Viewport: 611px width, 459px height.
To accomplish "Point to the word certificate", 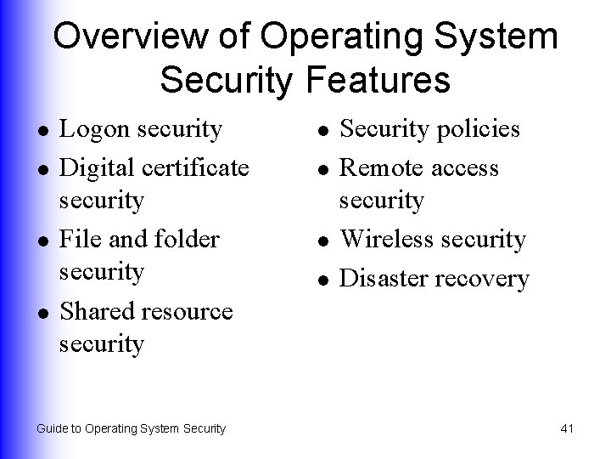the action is [x=197, y=167].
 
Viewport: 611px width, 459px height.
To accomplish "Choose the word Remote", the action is [x=380, y=167].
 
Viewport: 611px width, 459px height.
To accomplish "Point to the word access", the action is [x=465, y=167].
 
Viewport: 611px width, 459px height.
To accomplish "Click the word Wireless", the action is [x=389, y=239].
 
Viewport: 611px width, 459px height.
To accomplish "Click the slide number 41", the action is [x=568, y=428].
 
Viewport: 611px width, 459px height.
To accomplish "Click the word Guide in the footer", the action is [x=52, y=428].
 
